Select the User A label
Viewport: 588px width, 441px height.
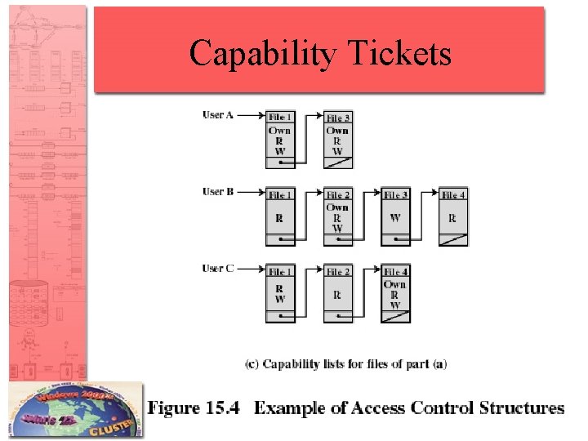click(x=218, y=115)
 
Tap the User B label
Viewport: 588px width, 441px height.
click(x=218, y=192)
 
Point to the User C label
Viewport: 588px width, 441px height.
click(x=218, y=269)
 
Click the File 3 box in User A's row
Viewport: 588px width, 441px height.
click(x=338, y=140)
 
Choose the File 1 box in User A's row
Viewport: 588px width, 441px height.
click(x=280, y=140)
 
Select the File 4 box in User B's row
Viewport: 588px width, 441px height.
click(x=454, y=216)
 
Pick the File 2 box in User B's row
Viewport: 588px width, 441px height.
click(x=338, y=216)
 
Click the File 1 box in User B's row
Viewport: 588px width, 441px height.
click(x=280, y=216)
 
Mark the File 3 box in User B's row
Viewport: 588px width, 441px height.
click(x=395, y=216)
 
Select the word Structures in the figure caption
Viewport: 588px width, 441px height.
click(x=519, y=408)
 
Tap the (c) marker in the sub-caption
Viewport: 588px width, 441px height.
click(x=252, y=364)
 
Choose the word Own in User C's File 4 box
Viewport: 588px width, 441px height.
click(x=395, y=284)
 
